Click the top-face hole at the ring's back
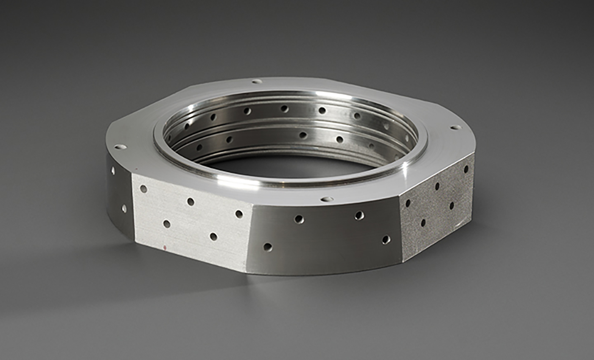click(257, 81)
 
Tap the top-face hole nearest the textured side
click(456, 127)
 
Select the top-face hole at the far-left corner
click(120, 147)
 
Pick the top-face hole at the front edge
click(327, 199)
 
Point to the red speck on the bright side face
click(164, 246)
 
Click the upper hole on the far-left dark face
click(113, 171)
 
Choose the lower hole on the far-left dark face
click(124, 208)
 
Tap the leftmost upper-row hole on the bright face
click(143, 188)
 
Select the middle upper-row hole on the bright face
click(191, 201)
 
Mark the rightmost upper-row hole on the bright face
click(239, 214)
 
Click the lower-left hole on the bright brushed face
click(167, 223)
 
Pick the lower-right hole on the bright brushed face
click(213, 236)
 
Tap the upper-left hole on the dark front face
click(299, 219)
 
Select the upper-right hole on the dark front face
click(359, 215)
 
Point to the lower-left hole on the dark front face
click(267, 247)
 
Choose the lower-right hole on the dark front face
click(386, 239)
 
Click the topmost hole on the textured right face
click(466, 169)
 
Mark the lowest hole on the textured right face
click(423, 222)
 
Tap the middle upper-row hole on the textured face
click(437, 186)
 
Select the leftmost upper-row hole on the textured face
click(408, 203)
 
